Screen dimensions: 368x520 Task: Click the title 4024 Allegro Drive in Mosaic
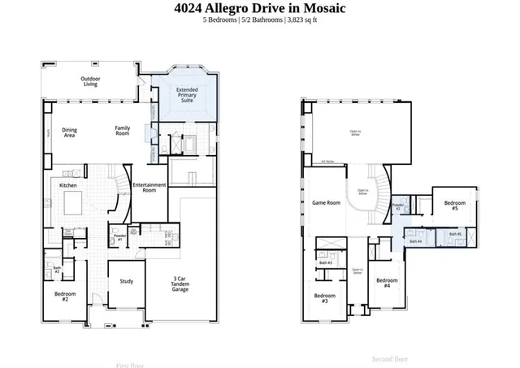(260, 8)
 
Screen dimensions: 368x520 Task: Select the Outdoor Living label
(89, 80)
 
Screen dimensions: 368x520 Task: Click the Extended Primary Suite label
(186, 96)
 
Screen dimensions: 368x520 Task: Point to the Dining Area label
(70, 132)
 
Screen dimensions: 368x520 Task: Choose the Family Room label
(122, 130)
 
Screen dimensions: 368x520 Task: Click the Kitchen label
(68, 185)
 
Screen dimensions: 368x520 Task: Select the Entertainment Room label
(149, 188)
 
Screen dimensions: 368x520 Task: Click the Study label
(126, 281)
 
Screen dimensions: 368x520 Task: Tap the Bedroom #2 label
(65, 297)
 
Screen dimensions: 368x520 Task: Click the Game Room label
(326, 202)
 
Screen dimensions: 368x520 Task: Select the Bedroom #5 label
(455, 206)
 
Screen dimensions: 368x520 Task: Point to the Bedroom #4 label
(388, 284)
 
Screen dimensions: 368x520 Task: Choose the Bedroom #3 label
(325, 298)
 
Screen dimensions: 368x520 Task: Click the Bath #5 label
(454, 234)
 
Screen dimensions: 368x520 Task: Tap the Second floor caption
(389, 358)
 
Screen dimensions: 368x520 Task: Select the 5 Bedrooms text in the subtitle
(219, 21)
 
